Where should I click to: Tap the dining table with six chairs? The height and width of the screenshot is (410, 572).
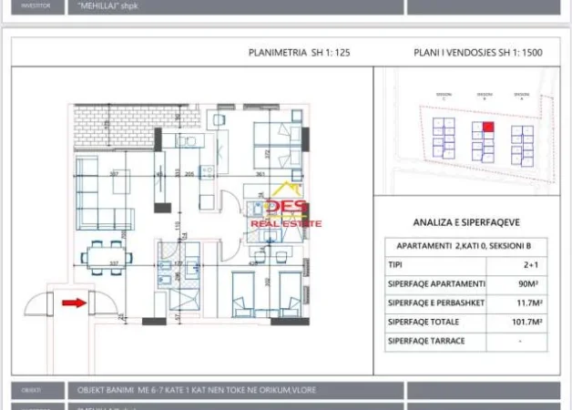point(101,257)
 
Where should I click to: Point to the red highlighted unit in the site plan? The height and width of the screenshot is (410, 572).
point(487,127)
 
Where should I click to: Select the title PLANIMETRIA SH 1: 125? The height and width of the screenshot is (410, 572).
point(299,53)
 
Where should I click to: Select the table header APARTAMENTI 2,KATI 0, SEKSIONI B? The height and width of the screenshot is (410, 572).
point(465,247)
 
